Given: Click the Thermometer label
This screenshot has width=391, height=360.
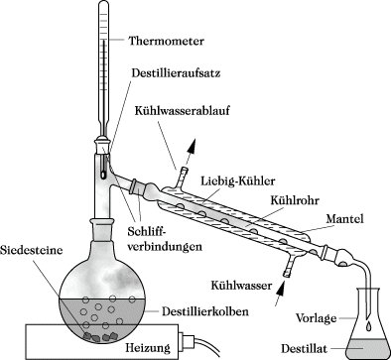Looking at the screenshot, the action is pyautogui.click(x=166, y=42).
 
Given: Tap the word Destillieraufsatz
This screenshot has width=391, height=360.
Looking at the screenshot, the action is pyautogui.click(x=176, y=72).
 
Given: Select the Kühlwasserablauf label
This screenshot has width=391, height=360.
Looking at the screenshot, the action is pyautogui.click(x=182, y=110).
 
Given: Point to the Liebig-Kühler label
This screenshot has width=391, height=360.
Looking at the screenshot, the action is pyautogui.click(x=238, y=181).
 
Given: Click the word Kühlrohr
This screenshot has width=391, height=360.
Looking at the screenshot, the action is pyautogui.click(x=295, y=200).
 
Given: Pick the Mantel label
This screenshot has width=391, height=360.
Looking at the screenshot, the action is pyautogui.click(x=345, y=218).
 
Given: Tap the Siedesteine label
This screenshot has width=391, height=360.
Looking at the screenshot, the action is pyautogui.click(x=32, y=250).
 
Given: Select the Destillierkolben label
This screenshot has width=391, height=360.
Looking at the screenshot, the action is pyautogui.click(x=205, y=311).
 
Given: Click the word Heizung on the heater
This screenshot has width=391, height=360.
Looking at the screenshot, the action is pyautogui.click(x=148, y=348).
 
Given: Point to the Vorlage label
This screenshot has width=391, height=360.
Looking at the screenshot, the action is pyautogui.click(x=316, y=318).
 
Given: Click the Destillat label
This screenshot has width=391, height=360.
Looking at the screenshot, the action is pyautogui.click(x=304, y=348).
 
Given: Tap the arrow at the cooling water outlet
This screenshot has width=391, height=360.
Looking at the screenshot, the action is pyautogui.click(x=190, y=152).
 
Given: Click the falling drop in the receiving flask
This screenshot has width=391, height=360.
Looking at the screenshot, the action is pyautogui.click(x=368, y=325).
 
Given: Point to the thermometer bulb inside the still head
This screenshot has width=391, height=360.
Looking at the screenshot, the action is pyautogui.click(x=103, y=175).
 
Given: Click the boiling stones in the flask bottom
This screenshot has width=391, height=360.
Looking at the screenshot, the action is pyautogui.click(x=100, y=336).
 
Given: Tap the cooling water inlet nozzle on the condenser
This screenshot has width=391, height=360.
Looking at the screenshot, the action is pyautogui.click(x=289, y=267).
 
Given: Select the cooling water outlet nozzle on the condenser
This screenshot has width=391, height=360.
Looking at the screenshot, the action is pyautogui.click(x=183, y=178).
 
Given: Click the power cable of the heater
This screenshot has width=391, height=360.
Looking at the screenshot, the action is pyautogui.click(x=207, y=348).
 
